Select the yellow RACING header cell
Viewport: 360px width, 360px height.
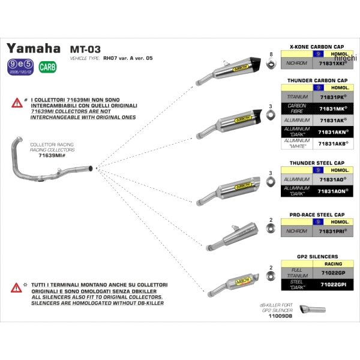coord(334,263)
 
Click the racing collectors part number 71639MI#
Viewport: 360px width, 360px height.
coord(52,155)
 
